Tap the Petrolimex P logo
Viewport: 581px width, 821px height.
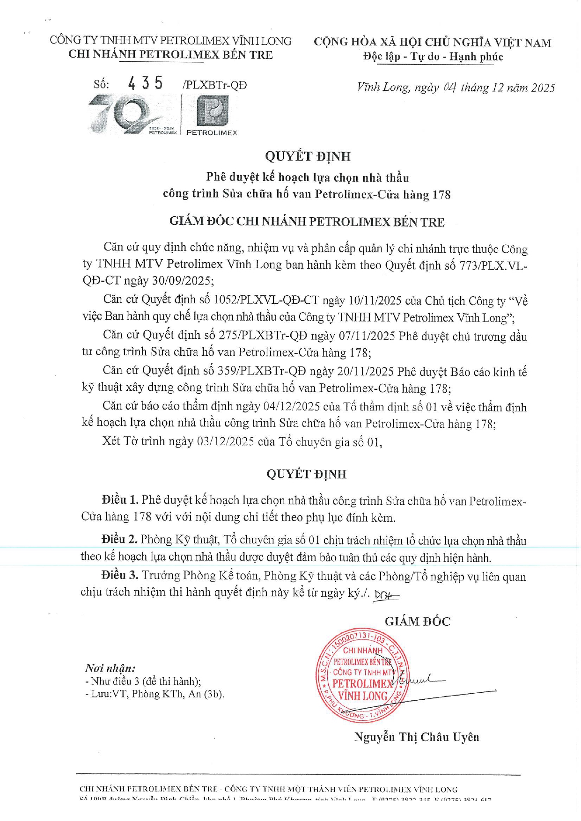point(212,111)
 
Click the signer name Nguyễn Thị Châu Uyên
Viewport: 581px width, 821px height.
point(416,737)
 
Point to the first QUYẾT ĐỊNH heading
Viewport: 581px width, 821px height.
point(307,156)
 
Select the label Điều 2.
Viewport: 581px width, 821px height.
point(119,540)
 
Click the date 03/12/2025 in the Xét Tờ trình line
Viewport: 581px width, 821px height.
point(226,441)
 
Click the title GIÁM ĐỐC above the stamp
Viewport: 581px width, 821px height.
point(417,622)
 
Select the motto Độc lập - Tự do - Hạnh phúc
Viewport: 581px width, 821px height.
point(433,57)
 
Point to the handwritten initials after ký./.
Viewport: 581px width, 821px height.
point(386,595)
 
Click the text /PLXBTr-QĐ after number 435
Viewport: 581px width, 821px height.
point(215,85)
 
